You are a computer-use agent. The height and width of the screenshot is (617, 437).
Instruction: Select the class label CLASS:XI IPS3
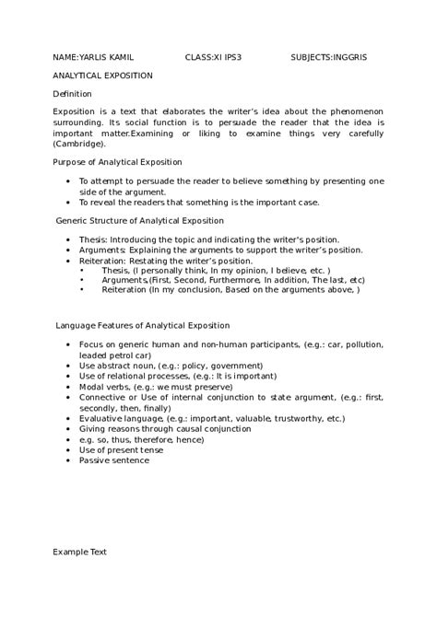point(213,56)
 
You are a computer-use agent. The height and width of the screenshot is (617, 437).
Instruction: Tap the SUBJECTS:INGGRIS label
point(328,56)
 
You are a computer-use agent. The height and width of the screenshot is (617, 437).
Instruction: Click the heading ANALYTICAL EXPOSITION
point(102,76)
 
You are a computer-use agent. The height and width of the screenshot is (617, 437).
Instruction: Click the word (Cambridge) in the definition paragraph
point(79,144)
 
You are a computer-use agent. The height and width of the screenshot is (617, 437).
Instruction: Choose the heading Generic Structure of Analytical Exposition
point(139,221)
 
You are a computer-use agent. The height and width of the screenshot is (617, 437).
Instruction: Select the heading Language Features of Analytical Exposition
point(143,325)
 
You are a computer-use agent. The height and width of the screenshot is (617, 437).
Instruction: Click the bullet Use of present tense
point(121,449)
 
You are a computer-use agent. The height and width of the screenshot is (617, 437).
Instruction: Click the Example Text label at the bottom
point(79,553)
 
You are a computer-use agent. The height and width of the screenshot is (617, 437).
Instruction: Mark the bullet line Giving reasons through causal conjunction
point(164,428)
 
